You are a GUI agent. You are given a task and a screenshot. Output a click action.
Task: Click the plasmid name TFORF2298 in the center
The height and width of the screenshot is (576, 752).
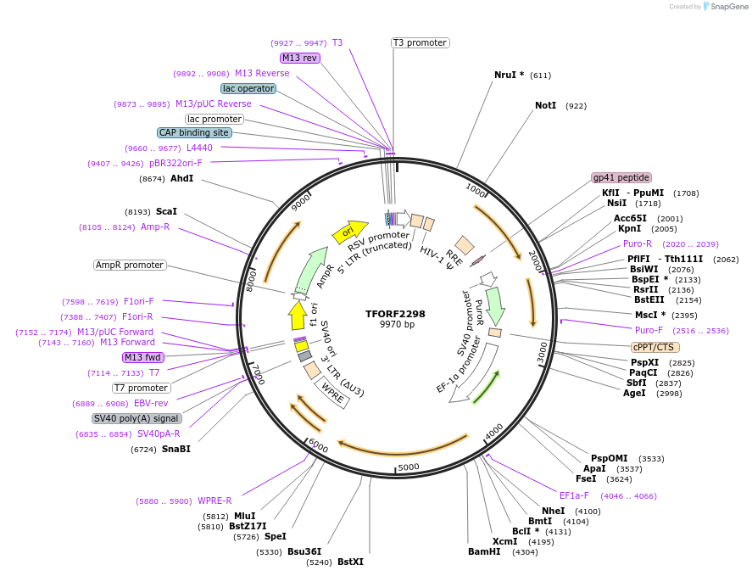click(x=395, y=313)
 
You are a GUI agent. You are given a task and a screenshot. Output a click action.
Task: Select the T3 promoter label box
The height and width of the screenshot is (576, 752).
click(x=420, y=42)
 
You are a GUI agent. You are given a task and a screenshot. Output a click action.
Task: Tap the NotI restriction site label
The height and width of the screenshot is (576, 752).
click(x=545, y=106)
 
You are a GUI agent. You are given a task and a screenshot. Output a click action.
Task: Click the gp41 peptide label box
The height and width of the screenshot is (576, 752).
click(x=621, y=177)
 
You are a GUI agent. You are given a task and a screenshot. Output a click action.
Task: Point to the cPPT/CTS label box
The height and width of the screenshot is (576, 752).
click(x=655, y=347)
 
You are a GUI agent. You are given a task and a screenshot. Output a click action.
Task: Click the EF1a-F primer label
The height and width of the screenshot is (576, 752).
click(x=574, y=495)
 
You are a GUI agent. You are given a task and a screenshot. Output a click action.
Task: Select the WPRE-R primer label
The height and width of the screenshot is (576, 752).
click(x=214, y=501)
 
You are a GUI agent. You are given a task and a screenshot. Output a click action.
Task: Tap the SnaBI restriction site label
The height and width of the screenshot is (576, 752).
click(x=176, y=450)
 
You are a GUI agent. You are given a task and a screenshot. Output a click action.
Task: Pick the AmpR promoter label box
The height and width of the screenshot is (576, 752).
click(x=129, y=265)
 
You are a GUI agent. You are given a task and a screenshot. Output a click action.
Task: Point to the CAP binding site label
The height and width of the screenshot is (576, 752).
click(x=194, y=132)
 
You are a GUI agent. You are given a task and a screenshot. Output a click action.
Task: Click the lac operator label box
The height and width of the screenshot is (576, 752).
click(x=248, y=88)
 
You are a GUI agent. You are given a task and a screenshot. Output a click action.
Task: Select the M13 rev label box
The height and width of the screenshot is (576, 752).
click(x=300, y=58)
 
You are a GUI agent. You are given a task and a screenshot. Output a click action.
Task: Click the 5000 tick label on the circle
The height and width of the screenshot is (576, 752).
click(x=409, y=467)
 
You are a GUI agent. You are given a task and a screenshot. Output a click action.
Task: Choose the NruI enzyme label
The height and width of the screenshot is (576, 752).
click(x=509, y=75)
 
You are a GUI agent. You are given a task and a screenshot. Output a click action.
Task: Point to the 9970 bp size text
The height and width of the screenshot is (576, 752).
click(x=397, y=325)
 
